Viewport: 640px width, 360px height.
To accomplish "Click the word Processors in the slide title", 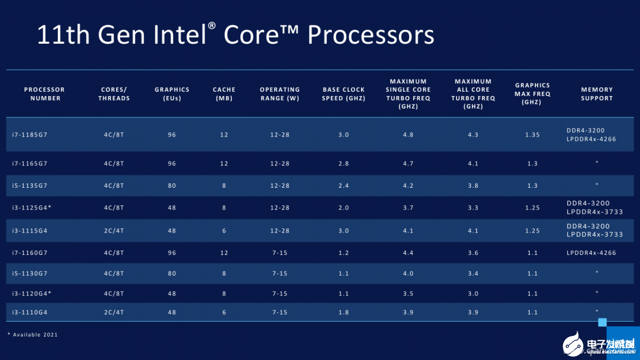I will coord(371,35).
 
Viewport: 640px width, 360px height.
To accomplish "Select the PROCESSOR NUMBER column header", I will coord(45,94).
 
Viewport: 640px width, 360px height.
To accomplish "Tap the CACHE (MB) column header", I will coord(224,94).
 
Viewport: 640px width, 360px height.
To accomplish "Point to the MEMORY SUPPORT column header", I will coord(597,94).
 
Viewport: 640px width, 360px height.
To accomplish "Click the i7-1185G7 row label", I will coord(30,135).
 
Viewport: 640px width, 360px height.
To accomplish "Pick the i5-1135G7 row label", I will coord(30,186).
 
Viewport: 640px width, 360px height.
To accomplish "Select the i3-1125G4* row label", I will coord(31,207).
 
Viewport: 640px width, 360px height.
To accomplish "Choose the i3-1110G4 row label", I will coord(30,312).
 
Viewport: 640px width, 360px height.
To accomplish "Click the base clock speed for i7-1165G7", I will coord(343,164).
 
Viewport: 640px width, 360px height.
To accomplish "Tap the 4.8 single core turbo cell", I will coord(408,135).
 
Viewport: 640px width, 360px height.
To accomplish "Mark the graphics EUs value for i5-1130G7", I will coord(172,274).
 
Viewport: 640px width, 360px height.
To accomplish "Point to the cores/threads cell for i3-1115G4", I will coord(114,231).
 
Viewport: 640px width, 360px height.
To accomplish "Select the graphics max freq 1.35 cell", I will coord(532,135).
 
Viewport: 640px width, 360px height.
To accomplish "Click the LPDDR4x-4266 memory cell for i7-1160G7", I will coord(591,253).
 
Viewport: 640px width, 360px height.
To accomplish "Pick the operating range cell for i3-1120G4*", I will coord(279,293).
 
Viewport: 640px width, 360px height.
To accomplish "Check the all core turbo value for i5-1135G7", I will coord(473,186).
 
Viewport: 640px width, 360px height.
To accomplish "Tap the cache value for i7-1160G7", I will coord(224,253).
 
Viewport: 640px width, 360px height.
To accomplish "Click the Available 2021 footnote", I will coord(33,334).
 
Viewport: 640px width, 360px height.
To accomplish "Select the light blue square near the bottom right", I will coord(603,322).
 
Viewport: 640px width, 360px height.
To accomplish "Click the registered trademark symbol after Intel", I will coord(212,26).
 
